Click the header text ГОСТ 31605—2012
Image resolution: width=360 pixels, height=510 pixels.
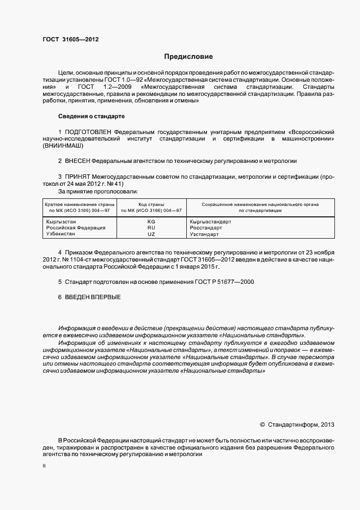pyautogui.click(x=70, y=39)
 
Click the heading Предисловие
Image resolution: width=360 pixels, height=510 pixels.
pyautogui.click(x=188, y=57)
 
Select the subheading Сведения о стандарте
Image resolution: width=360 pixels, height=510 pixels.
pyautogui.click(x=91, y=117)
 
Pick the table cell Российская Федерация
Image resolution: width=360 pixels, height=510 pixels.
pyautogui.click(x=75, y=228)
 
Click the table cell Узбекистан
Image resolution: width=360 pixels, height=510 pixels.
pyautogui.click(x=61, y=234)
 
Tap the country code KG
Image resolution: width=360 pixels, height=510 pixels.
pyautogui.click(x=151, y=222)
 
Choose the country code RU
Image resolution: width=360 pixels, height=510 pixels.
pyautogui.click(x=151, y=228)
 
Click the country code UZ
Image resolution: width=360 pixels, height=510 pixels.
pyautogui.click(x=151, y=234)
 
